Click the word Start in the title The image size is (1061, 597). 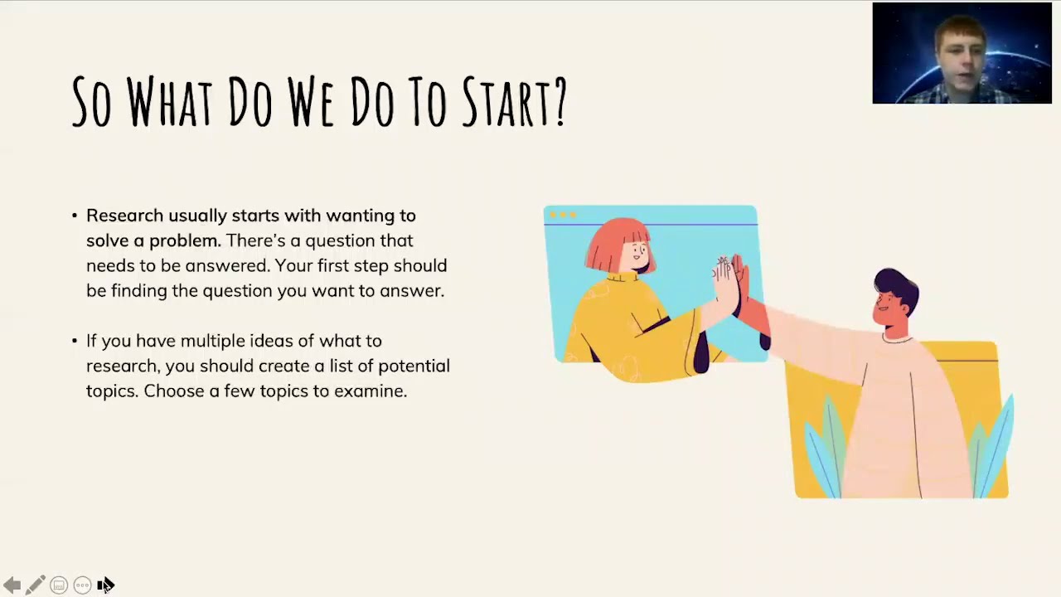(x=501, y=103)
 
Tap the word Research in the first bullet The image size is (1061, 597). (x=124, y=216)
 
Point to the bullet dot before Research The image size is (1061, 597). (x=75, y=216)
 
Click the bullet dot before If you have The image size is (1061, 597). (x=75, y=341)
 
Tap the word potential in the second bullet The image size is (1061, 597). (x=414, y=366)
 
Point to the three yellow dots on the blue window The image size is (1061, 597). (x=563, y=215)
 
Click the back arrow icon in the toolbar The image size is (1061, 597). (x=12, y=585)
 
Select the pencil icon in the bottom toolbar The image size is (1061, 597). (x=35, y=585)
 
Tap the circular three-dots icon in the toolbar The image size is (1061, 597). (x=82, y=585)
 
